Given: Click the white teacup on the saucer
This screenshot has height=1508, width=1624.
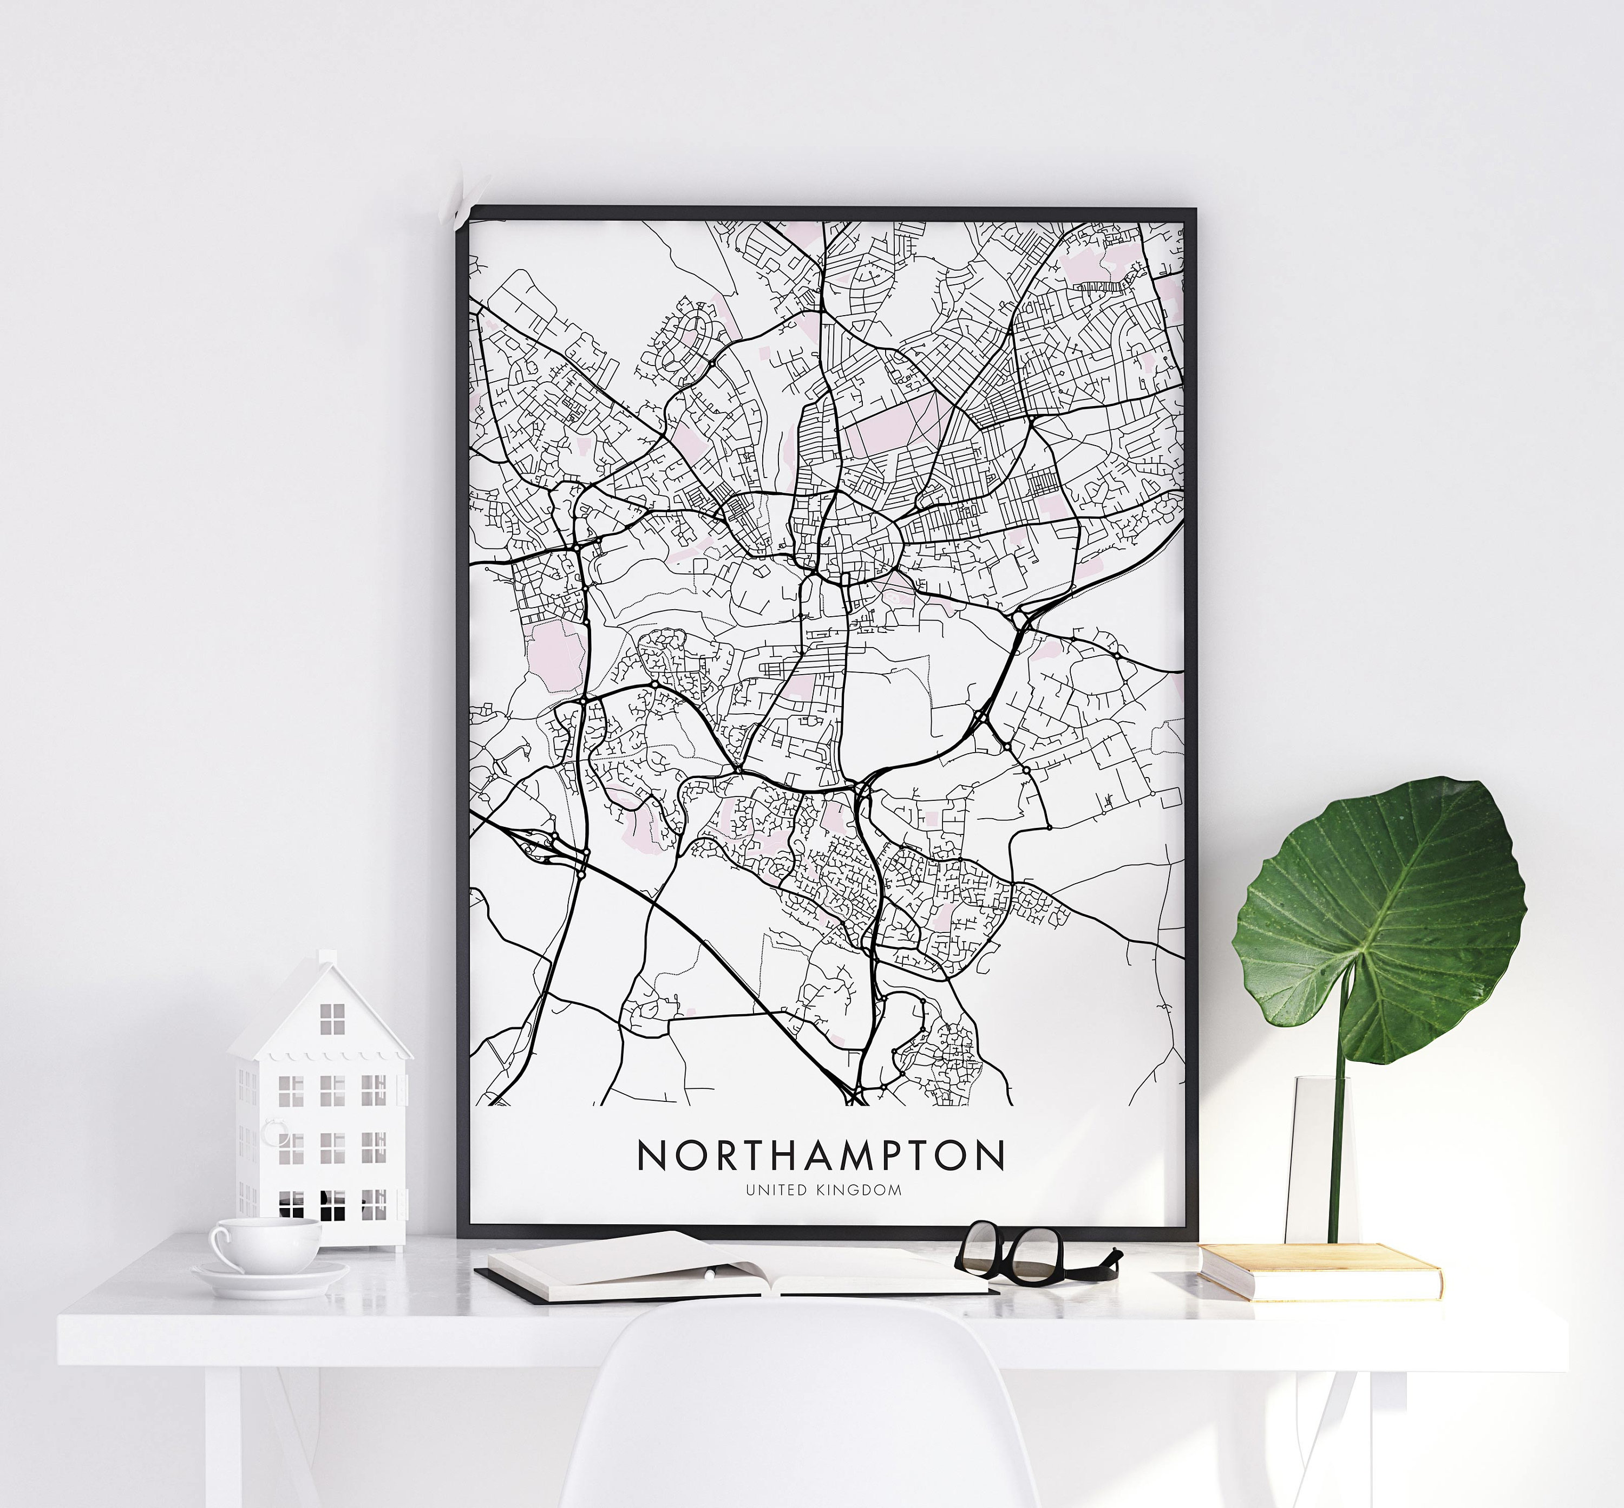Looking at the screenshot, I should point(265,1244).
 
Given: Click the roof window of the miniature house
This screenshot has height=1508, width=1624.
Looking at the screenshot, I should point(332,1019).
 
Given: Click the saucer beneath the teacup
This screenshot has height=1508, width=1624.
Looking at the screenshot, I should point(269,1279).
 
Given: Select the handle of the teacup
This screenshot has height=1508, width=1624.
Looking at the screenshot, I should point(219,1244).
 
